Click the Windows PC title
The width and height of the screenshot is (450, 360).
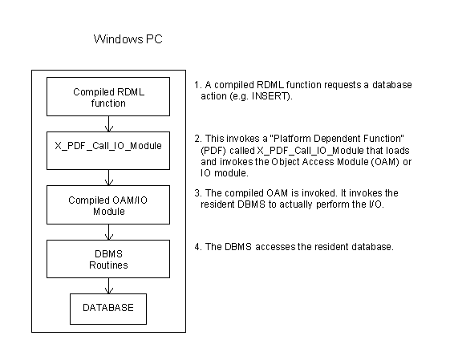128,39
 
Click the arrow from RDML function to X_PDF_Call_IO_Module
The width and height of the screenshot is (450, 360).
109,124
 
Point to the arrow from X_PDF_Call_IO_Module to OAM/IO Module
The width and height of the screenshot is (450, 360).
109,177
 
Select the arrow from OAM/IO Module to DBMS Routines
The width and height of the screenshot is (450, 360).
109,232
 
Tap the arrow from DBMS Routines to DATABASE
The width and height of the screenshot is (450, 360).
109,285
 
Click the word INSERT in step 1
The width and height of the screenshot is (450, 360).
270,96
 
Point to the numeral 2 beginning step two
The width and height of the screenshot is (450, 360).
197,139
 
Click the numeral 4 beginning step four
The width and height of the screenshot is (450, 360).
197,247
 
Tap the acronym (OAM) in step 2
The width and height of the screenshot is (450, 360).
385,162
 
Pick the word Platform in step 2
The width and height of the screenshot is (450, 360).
292,139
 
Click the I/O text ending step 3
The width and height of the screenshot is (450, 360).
375,204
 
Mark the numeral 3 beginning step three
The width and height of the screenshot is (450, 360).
197,192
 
